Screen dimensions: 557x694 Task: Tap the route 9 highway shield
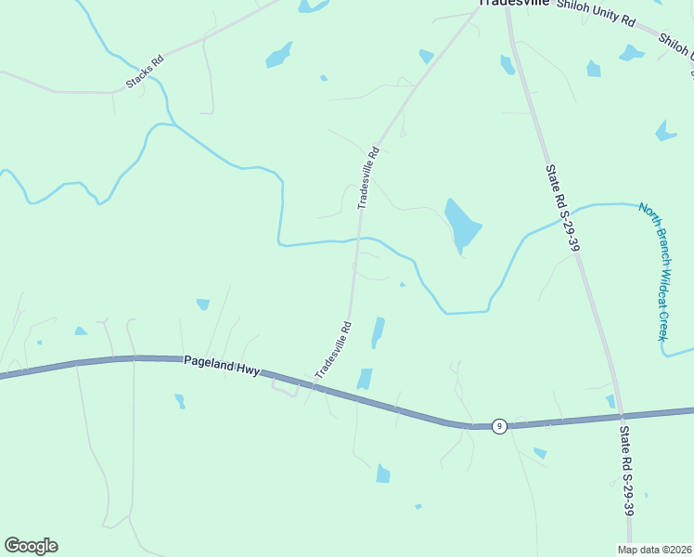pos(499,426)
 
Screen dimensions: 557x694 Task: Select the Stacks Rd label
pos(144,72)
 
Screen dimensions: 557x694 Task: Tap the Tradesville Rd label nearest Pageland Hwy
pos(335,349)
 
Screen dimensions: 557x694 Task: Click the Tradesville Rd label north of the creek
pos(369,176)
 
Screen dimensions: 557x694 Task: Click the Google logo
pos(32,546)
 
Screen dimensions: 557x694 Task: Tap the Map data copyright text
pos(654,550)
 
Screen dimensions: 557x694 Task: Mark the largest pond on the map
pos(462,225)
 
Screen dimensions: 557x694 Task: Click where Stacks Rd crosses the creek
pos(159,80)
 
